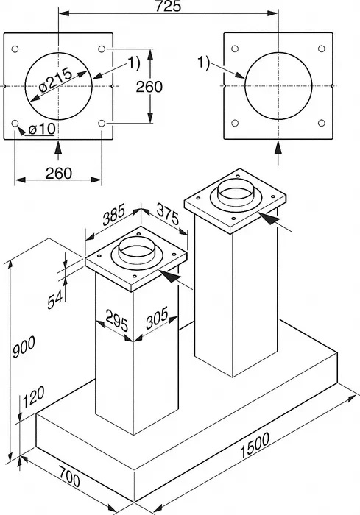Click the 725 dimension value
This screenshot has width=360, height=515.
click(x=168, y=6)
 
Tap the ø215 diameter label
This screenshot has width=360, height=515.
click(x=55, y=81)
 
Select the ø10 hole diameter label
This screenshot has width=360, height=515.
click(x=42, y=129)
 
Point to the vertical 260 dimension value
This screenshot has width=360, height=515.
click(x=149, y=87)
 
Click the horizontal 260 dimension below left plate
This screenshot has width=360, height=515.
click(x=58, y=173)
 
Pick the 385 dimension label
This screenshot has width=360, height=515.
click(x=114, y=215)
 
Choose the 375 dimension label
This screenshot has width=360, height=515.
click(x=168, y=214)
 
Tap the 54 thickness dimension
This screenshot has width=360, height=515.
click(x=55, y=300)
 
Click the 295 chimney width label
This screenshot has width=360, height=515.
click(x=117, y=320)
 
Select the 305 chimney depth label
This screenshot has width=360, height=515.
click(x=157, y=318)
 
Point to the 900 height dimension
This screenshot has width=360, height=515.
click(x=24, y=347)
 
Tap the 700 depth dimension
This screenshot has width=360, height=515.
click(x=70, y=477)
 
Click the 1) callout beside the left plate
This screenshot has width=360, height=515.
click(x=133, y=63)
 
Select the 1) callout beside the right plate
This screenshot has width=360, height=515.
click(x=203, y=63)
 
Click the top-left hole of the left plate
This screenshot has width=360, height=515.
click(x=15, y=49)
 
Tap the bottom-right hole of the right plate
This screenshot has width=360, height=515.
click(x=322, y=123)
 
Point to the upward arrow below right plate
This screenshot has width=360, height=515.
click(x=278, y=153)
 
